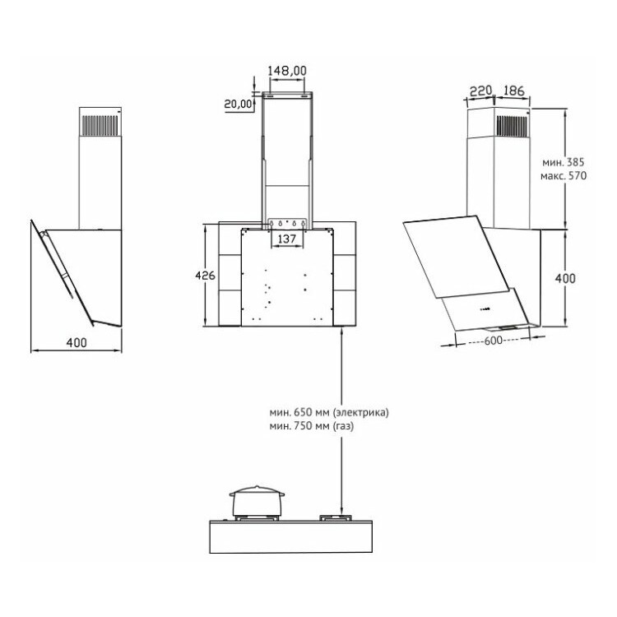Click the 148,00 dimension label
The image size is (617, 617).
pos(287,71)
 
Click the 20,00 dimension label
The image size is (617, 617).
pos(238,104)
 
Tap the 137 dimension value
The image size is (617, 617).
pos(287,239)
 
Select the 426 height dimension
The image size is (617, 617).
pos(205,275)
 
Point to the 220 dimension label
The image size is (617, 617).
pos(481,90)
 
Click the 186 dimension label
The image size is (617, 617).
pos(514,90)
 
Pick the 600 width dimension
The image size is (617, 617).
pos(493,341)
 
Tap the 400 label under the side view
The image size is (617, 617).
pos(77,342)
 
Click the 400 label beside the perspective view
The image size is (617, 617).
pos(565,278)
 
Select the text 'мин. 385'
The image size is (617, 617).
pos(564,162)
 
